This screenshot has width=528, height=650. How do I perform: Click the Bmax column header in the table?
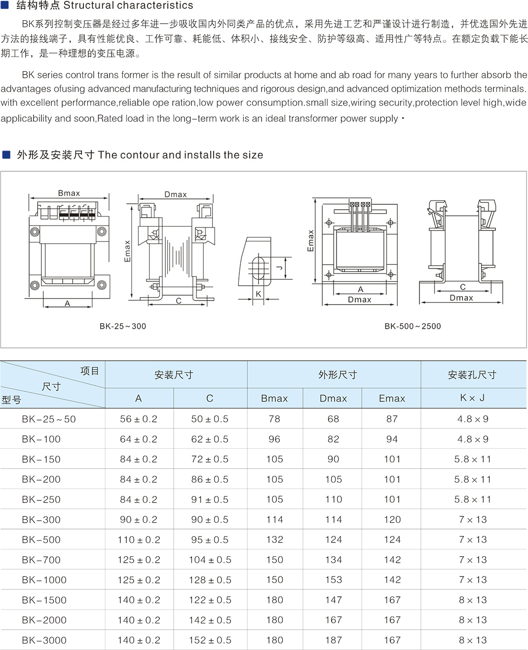click(x=274, y=398)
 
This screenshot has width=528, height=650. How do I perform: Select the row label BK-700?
click(x=41, y=560)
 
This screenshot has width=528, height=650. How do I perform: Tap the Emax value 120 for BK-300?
click(x=392, y=519)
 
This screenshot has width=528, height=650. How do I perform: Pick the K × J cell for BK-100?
click(x=473, y=439)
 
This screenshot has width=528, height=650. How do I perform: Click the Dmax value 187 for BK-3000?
click(x=334, y=640)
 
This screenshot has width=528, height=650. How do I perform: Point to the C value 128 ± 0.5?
click(x=210, y=580)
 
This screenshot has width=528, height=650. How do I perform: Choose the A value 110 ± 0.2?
click(x=139, y=539)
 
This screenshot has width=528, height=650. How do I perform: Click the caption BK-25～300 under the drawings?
click(x=123, y=326)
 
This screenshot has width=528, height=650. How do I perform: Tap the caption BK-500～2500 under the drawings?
click(x=413, y=326)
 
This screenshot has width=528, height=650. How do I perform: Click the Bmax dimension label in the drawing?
click(x=69, y=193)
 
